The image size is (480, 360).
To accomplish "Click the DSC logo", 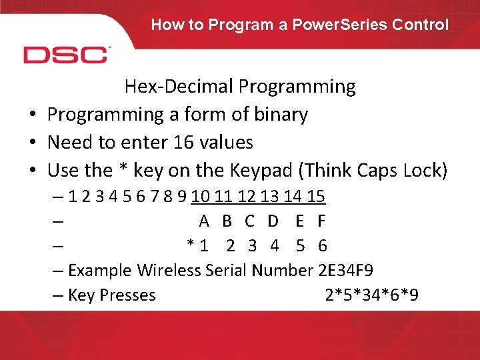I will coord(66,54).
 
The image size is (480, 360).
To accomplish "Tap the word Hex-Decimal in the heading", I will coord(178,87).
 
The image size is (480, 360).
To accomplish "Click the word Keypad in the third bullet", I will coord(260,171).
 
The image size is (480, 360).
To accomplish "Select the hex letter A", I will coord(205,221).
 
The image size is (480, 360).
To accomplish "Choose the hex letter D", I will coord(273,221).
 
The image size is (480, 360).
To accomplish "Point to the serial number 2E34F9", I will coord(345,271).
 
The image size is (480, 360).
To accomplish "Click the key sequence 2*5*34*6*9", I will coord(371,295).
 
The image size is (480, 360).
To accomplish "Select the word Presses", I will coord(127,295).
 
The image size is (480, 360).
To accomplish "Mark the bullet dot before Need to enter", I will coord(32,143).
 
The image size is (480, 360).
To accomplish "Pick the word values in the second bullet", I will coord(226,143).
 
